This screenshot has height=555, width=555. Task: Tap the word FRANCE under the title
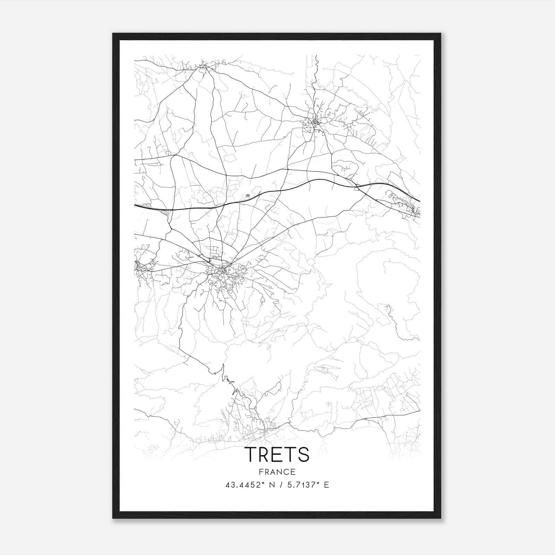277,472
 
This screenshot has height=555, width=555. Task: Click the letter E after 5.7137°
326,485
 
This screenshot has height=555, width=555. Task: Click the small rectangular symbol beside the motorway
247,196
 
